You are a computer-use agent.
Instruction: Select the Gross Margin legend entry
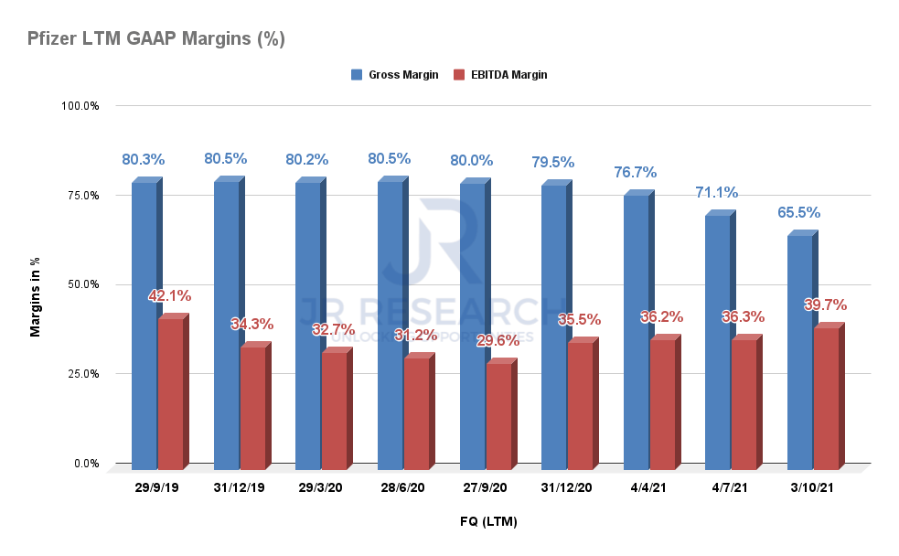tap(395, 75)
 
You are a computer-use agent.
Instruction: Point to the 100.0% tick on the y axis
tap(80, 106)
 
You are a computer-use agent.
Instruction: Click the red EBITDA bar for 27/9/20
tap(498, 416)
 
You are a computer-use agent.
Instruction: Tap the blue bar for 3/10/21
tap(800, 352)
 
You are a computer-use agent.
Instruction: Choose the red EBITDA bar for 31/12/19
tap(253, 407)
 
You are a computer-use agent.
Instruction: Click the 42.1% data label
tap(169, 296)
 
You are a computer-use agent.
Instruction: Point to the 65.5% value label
tap(798, 212)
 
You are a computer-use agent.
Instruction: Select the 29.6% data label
tap(498, 340)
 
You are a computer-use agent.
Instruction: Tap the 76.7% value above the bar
tap(635, 172)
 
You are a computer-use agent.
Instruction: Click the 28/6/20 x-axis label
tap(402, 488)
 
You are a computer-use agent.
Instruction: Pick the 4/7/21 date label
tap(730, 488)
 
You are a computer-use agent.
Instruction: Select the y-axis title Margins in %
tap(36, 297)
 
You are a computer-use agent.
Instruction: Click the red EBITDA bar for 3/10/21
tap(826, 399)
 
